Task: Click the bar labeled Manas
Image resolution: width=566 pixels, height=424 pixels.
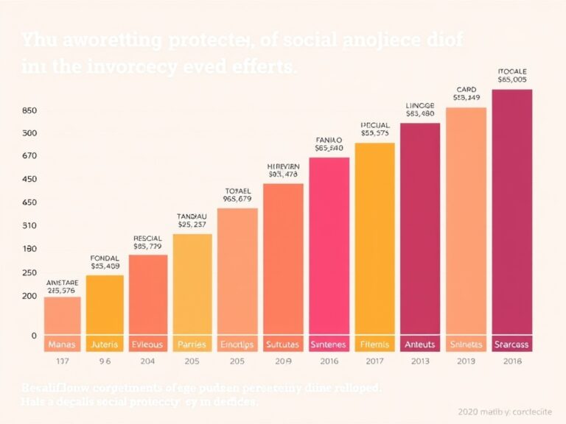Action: pyautogui.click(x=62, y=317)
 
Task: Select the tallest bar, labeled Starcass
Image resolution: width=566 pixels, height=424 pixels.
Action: pyautogui.click(x=511, y=213)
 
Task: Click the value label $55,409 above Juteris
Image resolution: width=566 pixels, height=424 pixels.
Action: pyautogui.click(x=105, y=266)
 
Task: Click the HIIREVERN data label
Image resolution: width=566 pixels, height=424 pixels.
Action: pyautogui.click(x=283, y=167)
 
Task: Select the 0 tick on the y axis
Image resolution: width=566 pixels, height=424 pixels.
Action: pyautogui.click(x=33, y=336)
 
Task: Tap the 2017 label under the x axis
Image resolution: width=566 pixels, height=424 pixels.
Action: pyautogui.click(x=374, y=361)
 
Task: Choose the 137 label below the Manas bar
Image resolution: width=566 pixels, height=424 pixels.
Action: pyautogui.click(x=62, y=361)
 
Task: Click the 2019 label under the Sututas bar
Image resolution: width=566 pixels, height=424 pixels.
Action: pyautogui.click(x=283, y=361)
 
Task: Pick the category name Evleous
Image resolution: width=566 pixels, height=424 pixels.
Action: pyautogui.click(x=148, y=344)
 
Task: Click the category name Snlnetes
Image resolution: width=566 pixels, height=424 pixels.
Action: pyautogui.click(x=466, y=344)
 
